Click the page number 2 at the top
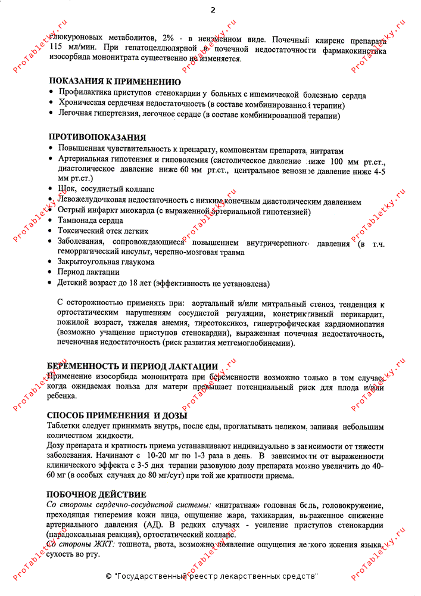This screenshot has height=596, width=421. tap(213, 10)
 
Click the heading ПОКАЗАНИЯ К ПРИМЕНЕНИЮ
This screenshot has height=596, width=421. tap(114, 82)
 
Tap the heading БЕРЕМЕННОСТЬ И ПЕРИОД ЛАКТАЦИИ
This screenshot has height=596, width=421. tap(132, 366)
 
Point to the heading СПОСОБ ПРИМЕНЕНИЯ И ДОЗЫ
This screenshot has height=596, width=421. tap(117, 415)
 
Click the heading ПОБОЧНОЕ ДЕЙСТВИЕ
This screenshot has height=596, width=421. tap(96, 495)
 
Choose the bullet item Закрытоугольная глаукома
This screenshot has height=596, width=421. tap(105, 262)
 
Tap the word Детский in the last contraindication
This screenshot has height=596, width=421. tap(73, 283)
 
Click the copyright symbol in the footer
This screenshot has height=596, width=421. tap(108, 576)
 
